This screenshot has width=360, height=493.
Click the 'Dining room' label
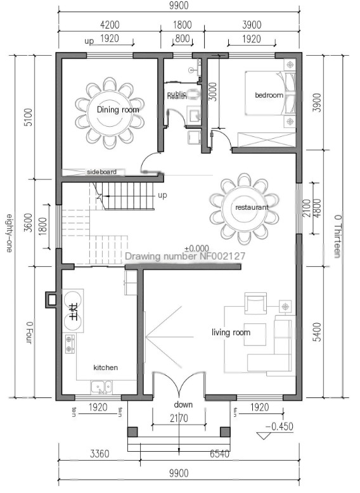point(118,110)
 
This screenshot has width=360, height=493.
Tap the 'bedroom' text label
point(269,95)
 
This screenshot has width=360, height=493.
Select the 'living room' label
point(231,332)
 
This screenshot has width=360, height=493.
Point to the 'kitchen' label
point(106,368)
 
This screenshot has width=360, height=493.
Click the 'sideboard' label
point(102,172)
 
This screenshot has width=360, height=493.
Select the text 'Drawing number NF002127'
point(184,257)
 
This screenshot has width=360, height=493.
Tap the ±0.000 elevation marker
point(196,248)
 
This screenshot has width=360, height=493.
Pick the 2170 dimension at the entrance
point(179,418)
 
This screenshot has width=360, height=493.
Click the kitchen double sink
point(100,386)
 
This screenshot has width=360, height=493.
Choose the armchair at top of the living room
point(256,305)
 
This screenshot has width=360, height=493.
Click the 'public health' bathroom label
point(177,95)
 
